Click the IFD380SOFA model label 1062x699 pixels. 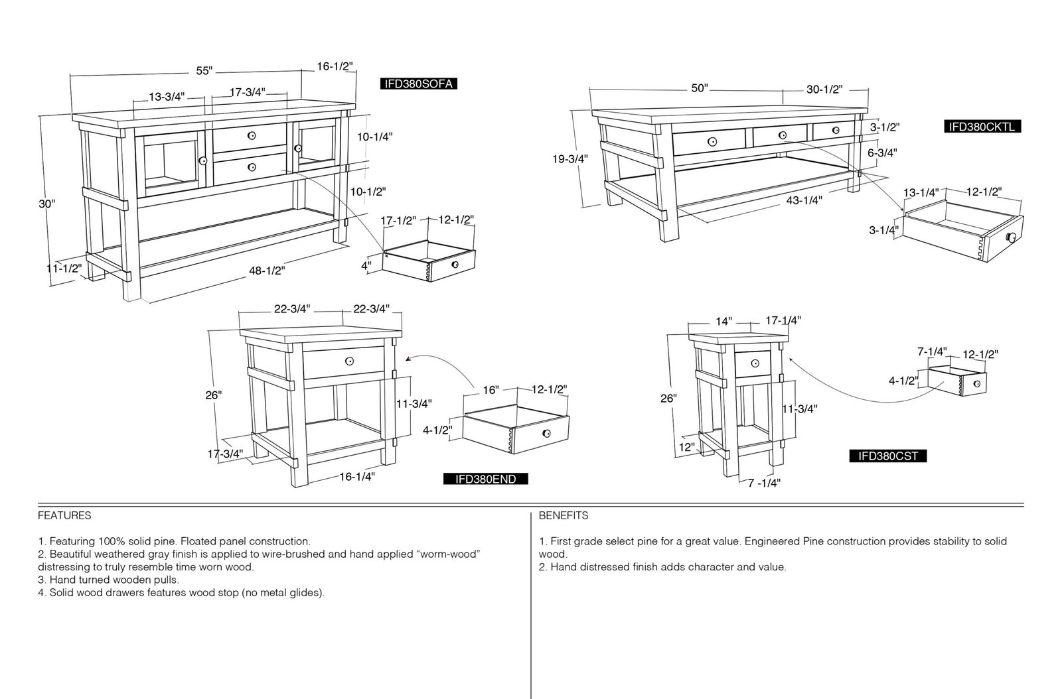click(x=419, y=84)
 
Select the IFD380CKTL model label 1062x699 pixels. click(x=982, y=127)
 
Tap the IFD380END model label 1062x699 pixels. click(x=485, y=479)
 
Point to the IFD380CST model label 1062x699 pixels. click(x=888, y=456)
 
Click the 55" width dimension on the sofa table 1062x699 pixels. click(x=204, y=70)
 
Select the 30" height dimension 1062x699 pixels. click(x=46, y=204)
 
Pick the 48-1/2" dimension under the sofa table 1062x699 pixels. click(x=267, y=271)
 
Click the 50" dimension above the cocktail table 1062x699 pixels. click(x=700, y=88)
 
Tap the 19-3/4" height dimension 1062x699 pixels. click(x=570, y=159)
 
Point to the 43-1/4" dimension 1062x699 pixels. click(x=804, y=200)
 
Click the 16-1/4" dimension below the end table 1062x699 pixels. click(x=357, y=476)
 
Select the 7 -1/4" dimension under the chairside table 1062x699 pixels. click(x=764, y=483)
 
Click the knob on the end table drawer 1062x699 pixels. click(x=349, y=361)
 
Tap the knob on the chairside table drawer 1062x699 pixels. click(x=755, y=363)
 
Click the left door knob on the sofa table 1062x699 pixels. click(x=203, y=161)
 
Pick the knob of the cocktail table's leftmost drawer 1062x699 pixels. click(x=712, y=142)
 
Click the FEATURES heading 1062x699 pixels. click(x=64, y=515)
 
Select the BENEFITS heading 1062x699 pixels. click(x=564, y=515)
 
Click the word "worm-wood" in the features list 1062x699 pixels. click(x=448, y=554)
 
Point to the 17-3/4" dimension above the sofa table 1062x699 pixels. click(x=248, y=92)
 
